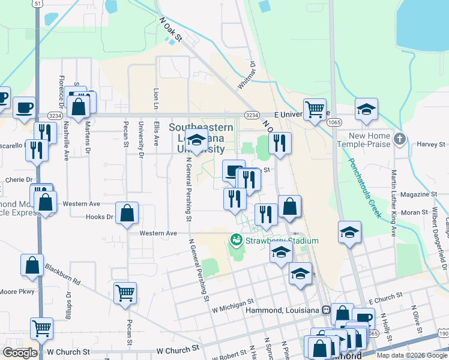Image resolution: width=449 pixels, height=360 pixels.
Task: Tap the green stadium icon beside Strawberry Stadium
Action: tap(237, 241)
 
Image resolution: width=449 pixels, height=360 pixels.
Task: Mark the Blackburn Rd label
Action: tap(62, 275)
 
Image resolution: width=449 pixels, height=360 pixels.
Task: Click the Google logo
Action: tap(20, 353)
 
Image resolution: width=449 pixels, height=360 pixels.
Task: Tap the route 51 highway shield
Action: tap(37, 4)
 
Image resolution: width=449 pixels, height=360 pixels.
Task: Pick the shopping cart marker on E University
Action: tap(315, 110)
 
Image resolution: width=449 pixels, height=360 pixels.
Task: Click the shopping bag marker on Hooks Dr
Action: tap(127, 213)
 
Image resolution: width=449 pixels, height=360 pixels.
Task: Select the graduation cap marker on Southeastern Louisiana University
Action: tap(196, 140)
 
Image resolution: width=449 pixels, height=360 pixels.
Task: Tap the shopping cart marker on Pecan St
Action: tap(125, 293)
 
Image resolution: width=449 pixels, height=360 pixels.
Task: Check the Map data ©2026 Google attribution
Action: tap(412, 355)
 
